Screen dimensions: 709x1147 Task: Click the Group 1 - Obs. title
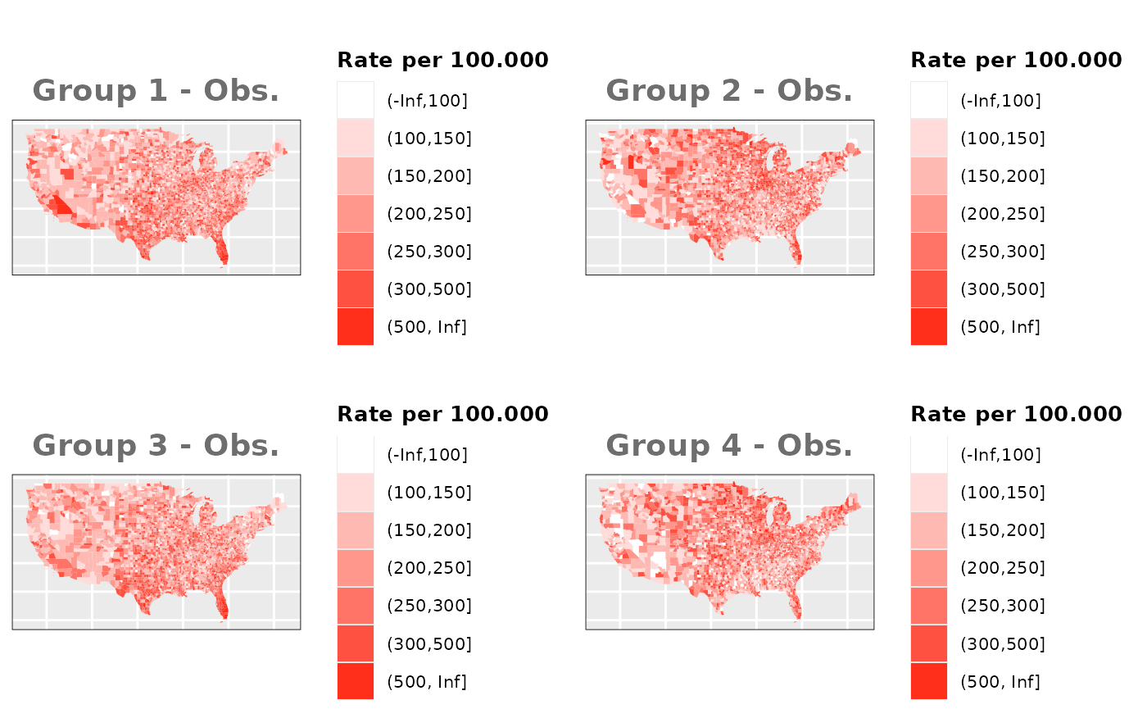coord(156,90)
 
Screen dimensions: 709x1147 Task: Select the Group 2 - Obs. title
coord(729,90)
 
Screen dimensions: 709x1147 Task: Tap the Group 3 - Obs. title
coord(156,445)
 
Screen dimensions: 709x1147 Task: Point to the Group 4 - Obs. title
coord(729,445)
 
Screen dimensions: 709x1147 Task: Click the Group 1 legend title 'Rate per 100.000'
coord(442,60)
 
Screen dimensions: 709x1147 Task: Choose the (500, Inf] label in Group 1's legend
coord(427,327)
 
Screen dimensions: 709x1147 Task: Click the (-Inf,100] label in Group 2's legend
coord(1000,101)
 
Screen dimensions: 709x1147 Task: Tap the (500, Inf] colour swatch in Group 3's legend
coord(356,681)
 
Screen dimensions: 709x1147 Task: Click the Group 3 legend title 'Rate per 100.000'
coord(442,414)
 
